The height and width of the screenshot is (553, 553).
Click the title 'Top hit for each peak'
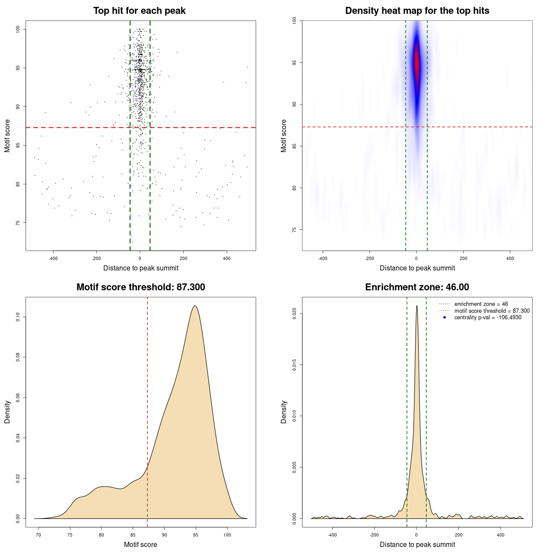[x=139, y=11]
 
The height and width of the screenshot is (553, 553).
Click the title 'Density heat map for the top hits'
[x=417, y=11]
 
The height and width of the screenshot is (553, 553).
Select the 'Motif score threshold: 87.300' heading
[x=140, y=287]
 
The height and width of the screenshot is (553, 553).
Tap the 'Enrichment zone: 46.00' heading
[x=417, y=287]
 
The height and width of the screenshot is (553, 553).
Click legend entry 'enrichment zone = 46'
[x=481, y=304]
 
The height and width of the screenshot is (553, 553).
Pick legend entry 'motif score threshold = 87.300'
[x=492, y=311]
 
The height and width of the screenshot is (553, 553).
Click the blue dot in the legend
[x=445, y=318]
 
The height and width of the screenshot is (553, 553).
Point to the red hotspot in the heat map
[x=416, y=63]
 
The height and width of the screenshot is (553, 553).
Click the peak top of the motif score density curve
[x=195, y=306]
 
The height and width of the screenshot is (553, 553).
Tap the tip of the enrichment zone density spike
[x=416, y=306]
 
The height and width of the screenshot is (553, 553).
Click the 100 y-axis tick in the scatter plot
[x=18, y=29]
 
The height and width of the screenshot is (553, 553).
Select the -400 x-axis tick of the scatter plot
[x=53, y=258]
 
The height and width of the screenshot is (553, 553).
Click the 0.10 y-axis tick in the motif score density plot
[x=18, y=317]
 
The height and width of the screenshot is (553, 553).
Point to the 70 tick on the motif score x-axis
[x=38, y=535]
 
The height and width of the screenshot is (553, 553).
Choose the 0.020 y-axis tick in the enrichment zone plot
[x=294, y=313]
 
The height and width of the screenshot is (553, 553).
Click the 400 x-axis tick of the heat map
[x=510, y=258]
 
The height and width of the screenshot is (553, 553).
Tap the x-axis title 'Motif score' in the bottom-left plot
[x=140, y=544]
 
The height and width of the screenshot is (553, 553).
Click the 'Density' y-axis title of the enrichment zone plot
[x=284, y=412]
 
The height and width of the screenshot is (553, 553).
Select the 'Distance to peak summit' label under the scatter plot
[x=141, y=268]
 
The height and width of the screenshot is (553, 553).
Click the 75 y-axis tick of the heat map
[x=294, y=229]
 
